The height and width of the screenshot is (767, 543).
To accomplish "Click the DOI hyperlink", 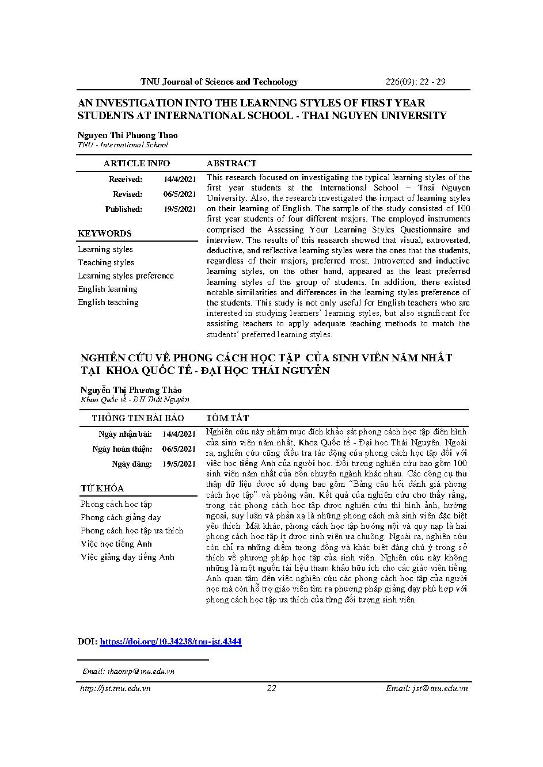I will click(170, 641).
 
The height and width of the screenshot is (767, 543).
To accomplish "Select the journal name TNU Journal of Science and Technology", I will click(219, 82).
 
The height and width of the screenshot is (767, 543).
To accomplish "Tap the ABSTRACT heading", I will click(231, 163).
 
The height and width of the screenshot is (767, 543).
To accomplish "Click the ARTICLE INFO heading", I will click(136, 163).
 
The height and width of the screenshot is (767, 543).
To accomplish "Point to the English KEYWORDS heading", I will click(105, 234).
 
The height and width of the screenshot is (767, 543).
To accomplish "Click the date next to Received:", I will click(180, 180).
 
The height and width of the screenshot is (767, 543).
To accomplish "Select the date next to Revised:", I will click(180, 194).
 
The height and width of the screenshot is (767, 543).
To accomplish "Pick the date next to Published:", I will click(180, 209).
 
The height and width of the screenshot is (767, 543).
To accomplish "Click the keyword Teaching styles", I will click(106, 262).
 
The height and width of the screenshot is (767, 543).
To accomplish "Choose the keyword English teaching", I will click(108, 302).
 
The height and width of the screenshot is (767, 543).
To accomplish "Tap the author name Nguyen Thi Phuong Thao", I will click(128, 135).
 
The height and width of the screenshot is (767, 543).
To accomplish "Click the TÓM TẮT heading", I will click(227, 418).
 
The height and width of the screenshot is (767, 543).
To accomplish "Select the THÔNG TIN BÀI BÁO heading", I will click(138, 418).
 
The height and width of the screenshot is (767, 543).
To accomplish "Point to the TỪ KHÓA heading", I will click(102, 489).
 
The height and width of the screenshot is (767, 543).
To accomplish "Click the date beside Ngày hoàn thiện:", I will click(179, 449).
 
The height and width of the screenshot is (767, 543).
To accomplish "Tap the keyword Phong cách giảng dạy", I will click(121, 517).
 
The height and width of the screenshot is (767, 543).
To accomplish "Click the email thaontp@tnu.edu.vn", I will click(128, 671).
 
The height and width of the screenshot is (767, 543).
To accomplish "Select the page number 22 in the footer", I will click(272, 688).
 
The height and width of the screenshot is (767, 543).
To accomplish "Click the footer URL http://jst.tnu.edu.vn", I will click(115, 688).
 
